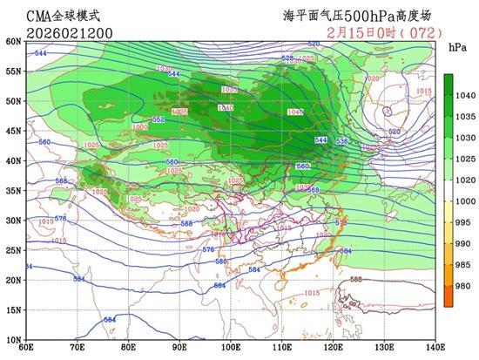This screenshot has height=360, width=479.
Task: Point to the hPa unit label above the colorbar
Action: coord(454,46)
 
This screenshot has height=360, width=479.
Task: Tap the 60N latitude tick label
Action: coord(12,41)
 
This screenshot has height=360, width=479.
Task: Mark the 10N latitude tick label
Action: coord(12,339)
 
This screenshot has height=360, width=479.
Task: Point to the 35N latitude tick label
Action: coord(12,190)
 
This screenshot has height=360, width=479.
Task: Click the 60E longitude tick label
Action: coord(26,348)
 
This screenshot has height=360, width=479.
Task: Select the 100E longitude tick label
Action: coord(231,348)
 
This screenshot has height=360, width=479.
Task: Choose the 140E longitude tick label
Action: coord(435,348)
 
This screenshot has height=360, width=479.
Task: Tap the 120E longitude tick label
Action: coord(333,348)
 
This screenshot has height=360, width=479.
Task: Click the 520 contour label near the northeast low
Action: coord(394,132)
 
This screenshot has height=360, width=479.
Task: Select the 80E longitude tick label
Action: coord(128,348)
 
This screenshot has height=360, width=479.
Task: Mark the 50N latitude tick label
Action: coord(12,101)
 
